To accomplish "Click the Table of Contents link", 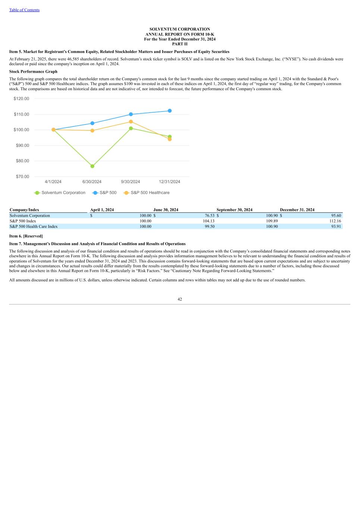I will click(x=24, y=10).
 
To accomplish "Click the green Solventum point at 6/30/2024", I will click(x=92, y=166).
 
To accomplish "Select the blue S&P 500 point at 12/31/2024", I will click(x=170, y=111).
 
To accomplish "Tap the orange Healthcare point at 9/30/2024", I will click(x=131, y=122).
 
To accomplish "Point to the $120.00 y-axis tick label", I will click(x=21, y=98).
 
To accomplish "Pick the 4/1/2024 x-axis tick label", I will click(x=53, y=182).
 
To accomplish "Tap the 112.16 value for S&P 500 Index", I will click(x=335, y=221).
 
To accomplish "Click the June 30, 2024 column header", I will click(x=166, y=210).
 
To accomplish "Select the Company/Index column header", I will click(x=24, y=210).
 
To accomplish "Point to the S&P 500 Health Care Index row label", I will click(x=34, y=226).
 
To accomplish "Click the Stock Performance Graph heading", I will click(x=33, y=72).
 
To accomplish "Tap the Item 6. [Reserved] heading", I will click(x=26, y=236).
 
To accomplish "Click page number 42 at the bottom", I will click(x=180, y=299).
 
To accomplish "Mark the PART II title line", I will click(x=180, y=44).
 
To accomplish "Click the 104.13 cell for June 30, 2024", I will click(x=209, y=221).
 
